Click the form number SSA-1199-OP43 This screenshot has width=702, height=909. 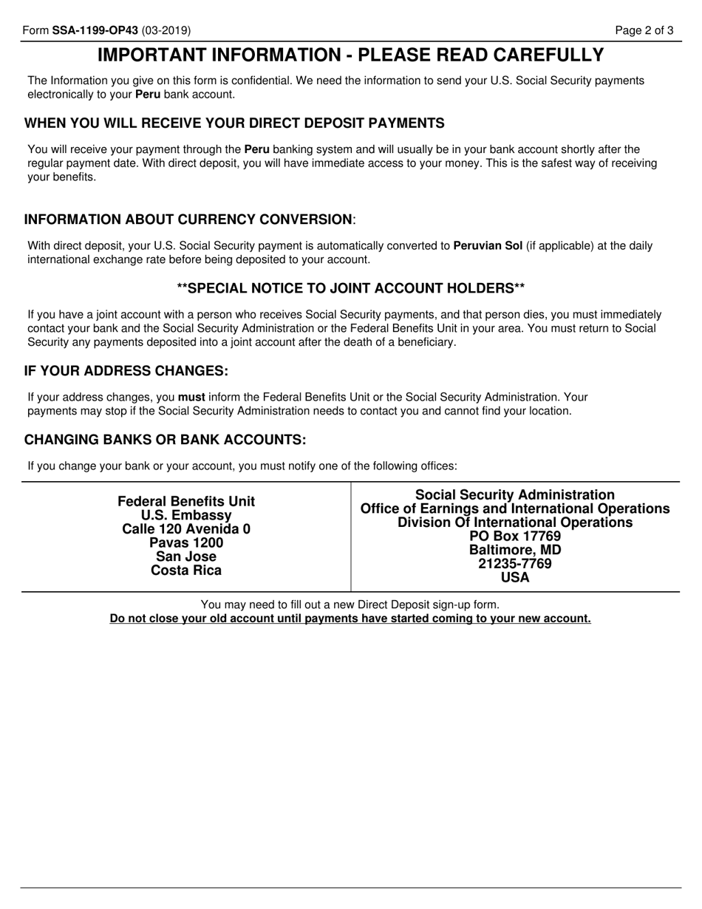tap(95, 30)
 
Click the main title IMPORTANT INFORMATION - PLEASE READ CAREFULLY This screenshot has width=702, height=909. tap(350, 55)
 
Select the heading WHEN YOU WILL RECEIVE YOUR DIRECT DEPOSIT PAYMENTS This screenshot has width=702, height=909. tap(234, 123)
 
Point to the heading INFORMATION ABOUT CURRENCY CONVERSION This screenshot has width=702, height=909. tap(189, 219)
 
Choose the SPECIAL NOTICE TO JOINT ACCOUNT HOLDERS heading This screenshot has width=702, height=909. tap(351, 287)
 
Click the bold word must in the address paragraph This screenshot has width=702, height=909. tap(191, 397)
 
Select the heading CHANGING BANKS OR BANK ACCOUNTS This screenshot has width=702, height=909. tap(165, 440)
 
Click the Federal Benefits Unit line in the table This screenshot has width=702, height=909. tap(186, 502)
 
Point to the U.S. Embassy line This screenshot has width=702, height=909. tap(186, 515)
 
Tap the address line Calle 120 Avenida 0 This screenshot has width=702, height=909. tap(186, 529)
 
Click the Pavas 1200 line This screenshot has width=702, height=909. tap(186, 543)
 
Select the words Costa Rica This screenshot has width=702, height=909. tap(186, 571)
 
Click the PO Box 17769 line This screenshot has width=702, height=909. tap(515, 537)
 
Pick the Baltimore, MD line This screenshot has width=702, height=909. tap(515, 551)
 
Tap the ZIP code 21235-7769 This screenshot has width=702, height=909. tap(515, 564)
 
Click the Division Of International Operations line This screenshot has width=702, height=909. tap(515, 522)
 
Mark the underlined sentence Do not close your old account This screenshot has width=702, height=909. tap(350, 619)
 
